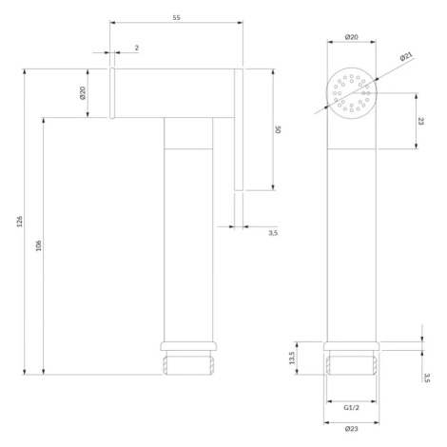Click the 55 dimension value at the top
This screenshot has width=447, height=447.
(x=176, y=18)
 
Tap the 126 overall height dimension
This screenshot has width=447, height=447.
(x=20, y=222)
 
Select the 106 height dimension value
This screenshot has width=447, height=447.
(x=38, y=245)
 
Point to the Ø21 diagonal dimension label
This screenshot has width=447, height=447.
(x=406, y=56)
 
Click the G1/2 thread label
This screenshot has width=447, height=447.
(x=352, y=408)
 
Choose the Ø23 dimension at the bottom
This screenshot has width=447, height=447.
(x=352, y=429)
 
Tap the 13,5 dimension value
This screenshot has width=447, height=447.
(x=292, y=358)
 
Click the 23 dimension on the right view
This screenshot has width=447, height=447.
(x=420, y=121)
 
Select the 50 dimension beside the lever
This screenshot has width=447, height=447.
(x=278, y=129)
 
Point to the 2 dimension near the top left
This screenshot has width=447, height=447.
(x=137, y=48)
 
